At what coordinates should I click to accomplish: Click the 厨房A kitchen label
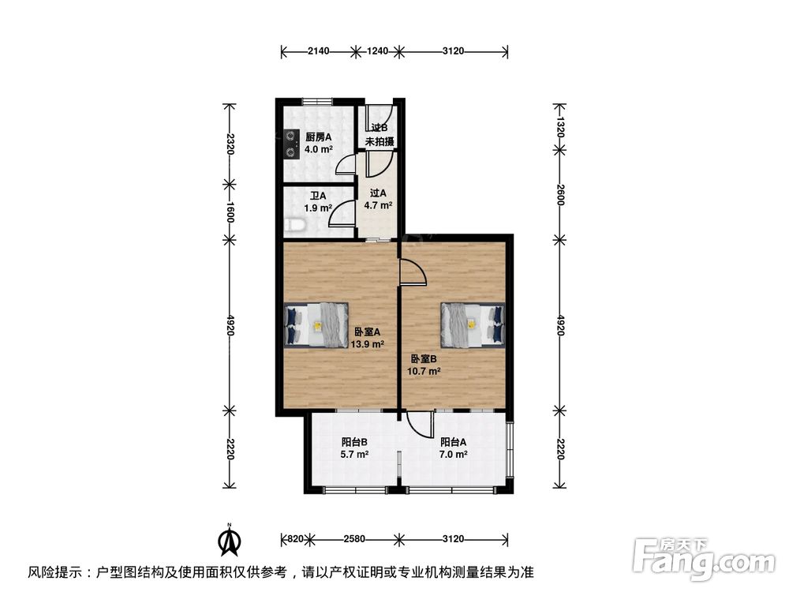pos(319,137)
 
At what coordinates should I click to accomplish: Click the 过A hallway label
pos(378,193)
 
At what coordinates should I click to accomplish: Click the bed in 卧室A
pos(316,324)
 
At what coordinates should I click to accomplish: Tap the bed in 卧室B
pos(471,324)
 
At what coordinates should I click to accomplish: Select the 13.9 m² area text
pos(368,344)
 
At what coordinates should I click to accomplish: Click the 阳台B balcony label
pos(354,442)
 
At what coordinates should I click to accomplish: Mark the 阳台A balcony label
pos(454,442)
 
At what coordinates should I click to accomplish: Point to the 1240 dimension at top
pos(379,51)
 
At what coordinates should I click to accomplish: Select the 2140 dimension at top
pos(319,51)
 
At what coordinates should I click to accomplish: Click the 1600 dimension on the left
pos(230,211)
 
